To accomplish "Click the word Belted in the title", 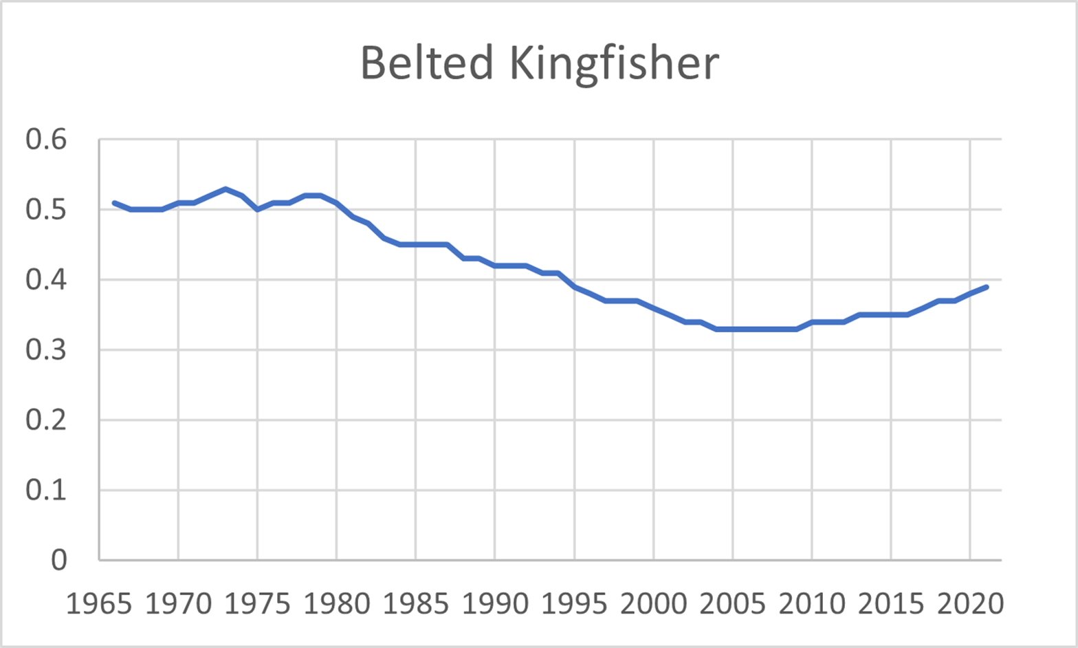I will click(x=426, y=63).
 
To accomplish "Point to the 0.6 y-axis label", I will click(x=46, y=140).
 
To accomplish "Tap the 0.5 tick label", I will click(x=46, y=210).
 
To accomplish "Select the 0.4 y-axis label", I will click(x=46, y=280).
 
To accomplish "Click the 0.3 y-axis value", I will click(x=46, y=350).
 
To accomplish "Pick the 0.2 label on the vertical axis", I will click(x=46, y=420).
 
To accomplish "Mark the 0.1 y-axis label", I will click(x=46, y=490).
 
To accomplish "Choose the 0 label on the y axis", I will click(x=59, y=561).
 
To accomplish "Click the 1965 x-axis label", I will click(x=99, y=604).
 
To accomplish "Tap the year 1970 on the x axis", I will click(x=178, y=604).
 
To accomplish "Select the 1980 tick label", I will click(x=337, y=604).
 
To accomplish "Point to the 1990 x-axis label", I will click(x=495, y=604).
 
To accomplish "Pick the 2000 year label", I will click(x=654, y=604).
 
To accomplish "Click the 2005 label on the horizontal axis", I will click(x=733, y=604).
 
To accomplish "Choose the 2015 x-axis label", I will click(x=891, y=604).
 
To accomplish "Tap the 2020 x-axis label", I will click(x=970, y=604).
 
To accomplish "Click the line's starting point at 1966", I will click(x=115, y=203).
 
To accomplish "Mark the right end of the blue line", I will click(x=987, y=287).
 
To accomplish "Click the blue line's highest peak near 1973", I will click(x=225, y=188).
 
